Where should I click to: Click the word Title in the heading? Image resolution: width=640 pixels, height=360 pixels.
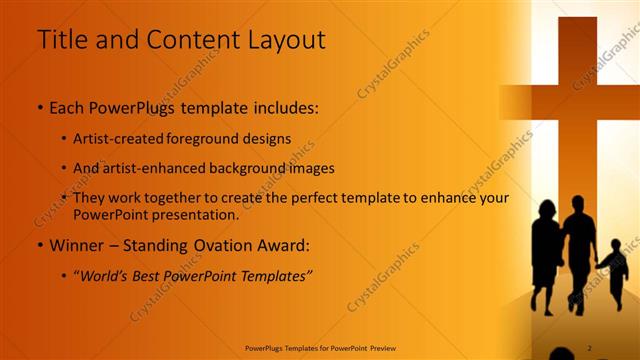click(62, 40)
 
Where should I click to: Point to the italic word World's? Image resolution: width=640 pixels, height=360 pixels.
click(105, 275)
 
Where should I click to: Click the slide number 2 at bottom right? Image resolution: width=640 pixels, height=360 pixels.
click(589, 347)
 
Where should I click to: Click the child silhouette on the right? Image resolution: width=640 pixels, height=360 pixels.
click(614, 268)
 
